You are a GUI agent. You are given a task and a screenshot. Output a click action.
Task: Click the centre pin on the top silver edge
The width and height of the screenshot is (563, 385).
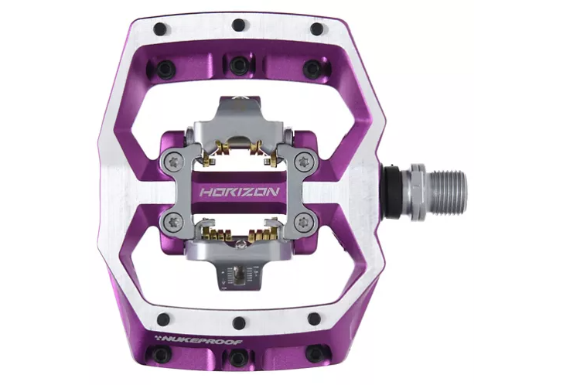(x=239, y=29)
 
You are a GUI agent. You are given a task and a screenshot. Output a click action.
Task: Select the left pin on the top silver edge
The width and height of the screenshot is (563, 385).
(x=160, y=29)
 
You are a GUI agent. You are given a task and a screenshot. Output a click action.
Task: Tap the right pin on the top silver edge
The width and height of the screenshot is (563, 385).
(x=316, y=29)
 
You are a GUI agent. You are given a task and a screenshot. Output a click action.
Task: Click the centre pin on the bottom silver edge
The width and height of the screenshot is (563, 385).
(x=238, y=322)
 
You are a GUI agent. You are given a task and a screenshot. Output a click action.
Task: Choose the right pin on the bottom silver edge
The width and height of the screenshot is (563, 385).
(x=314, y=318)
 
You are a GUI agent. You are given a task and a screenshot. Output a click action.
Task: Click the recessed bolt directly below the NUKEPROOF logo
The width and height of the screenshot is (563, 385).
(x=160, y=355)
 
